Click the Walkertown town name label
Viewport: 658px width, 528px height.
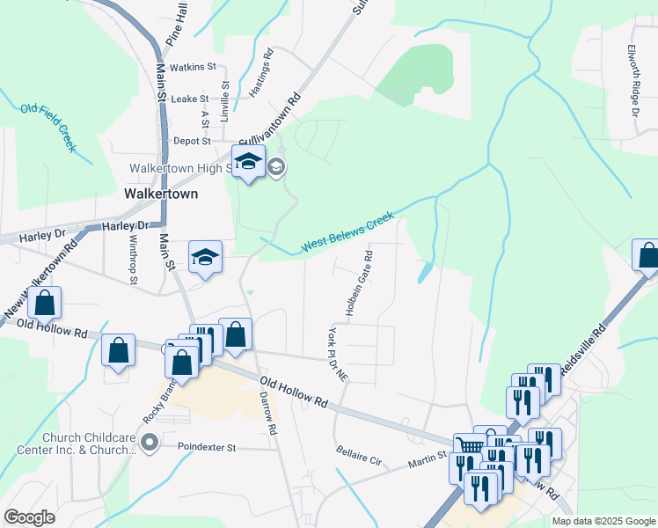point(161,194)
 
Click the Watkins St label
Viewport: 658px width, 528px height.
point(193,67)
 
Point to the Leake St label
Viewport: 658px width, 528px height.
point(189,99)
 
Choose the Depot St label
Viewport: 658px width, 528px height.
point(192,141)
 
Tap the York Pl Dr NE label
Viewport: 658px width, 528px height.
point(338,354)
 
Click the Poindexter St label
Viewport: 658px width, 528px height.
point(208,447)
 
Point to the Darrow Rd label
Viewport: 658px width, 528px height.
point(268,414)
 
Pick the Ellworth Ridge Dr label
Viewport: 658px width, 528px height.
point(632,82)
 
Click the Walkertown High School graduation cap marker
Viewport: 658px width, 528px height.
point(249,163)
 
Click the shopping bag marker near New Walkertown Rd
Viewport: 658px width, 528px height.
point(44,303)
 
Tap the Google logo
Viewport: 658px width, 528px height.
point(29,517)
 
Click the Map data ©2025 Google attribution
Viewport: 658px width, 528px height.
point(603,521)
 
